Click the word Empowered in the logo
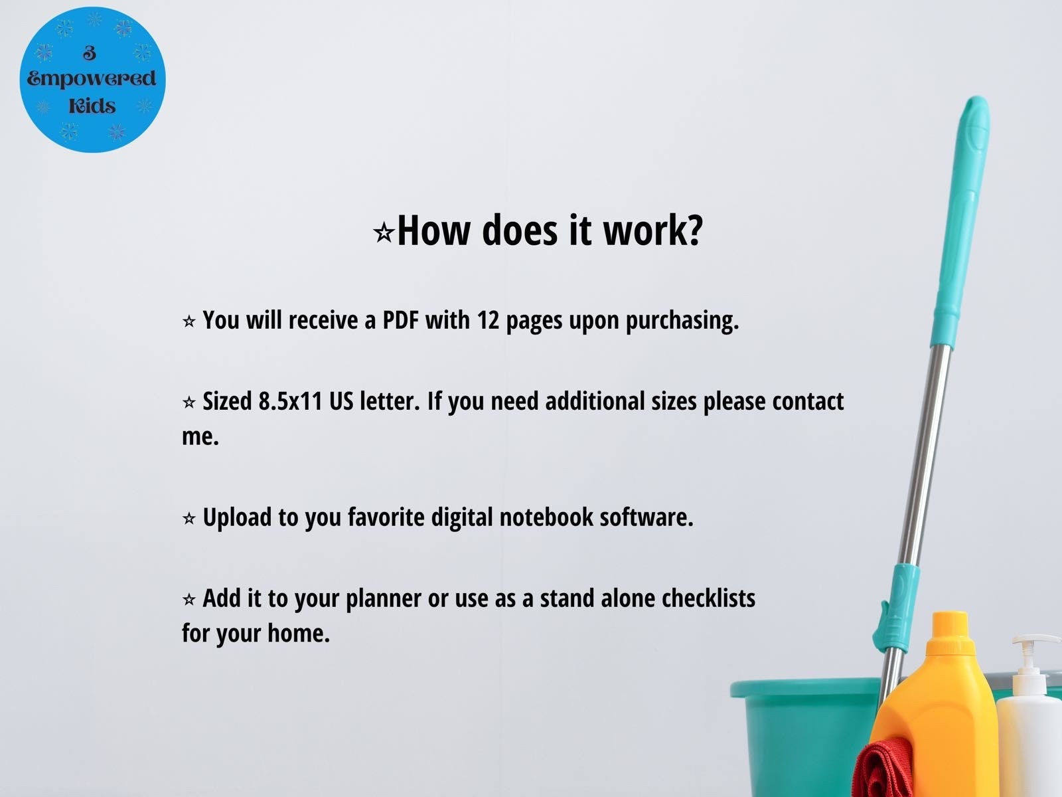click(92, 80)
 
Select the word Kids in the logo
click(92, 106)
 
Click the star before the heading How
click(384, 233)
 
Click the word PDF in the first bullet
click(401, 320)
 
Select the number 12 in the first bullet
click(488, 320)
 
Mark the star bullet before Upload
click(189, 519)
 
